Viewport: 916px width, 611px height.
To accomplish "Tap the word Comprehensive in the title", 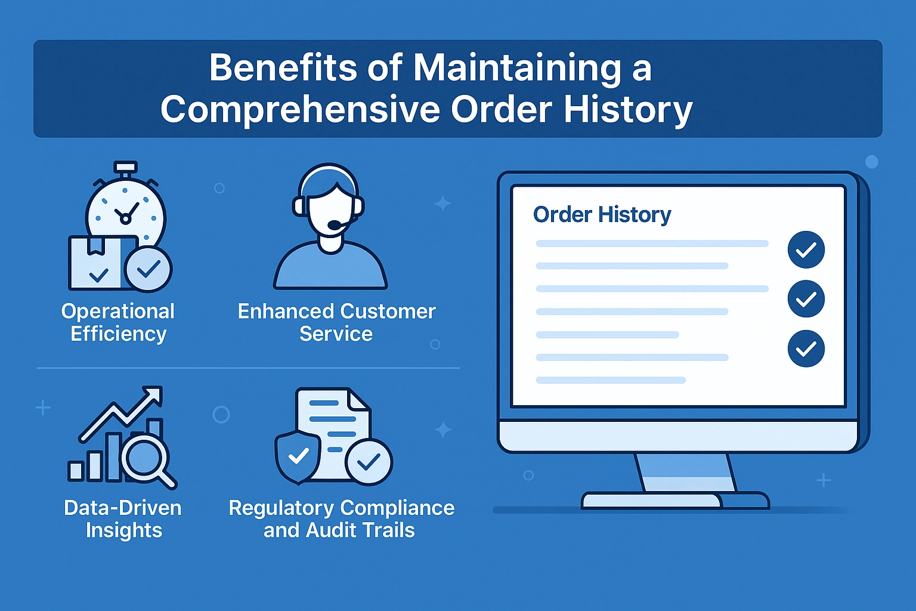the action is click(x=300, y=109).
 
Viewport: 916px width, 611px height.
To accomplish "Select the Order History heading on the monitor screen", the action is click(x=602, y=215).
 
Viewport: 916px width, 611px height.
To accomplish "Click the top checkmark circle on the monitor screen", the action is click(x=806, y=249).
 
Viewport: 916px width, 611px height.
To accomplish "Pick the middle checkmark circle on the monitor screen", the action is click(x=806, y=299).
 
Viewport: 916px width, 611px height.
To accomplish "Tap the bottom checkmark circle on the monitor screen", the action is click(x=806, y=348).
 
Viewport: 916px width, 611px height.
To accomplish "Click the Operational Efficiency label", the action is click(x=118, y=322).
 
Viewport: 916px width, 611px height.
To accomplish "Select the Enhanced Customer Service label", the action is click(x=336, y=322).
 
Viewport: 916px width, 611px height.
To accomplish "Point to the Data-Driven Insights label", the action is click(x=123, y=519).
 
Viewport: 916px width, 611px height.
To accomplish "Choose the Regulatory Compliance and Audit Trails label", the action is click(x=342, y=519).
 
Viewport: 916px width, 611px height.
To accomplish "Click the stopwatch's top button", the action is click(x=126, y=167).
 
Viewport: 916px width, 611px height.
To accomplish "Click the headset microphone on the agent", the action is click(x=336, y=225).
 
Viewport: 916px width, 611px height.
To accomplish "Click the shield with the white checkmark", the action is click(x=298, y=456).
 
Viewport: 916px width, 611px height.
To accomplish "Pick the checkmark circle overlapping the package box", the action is click(x=148, y=269).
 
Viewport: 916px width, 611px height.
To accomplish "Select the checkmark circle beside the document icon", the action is click(x=369, y=462).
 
